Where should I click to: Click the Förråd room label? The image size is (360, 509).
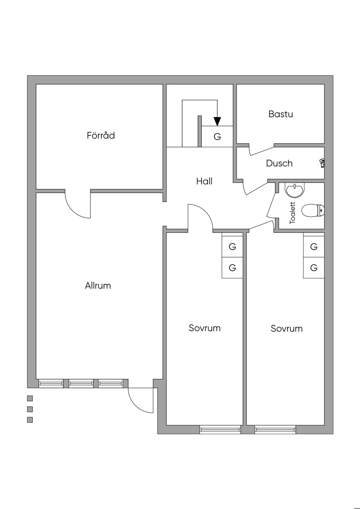coord(101,136)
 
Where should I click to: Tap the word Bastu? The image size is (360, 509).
coord(281,114)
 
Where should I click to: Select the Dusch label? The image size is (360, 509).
coord(279,163)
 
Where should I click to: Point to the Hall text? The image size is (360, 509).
coord(204,181)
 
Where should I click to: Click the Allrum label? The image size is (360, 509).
coord(98,286)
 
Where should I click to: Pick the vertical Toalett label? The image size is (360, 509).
coord(292,213)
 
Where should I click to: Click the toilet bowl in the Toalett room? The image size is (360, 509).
coord(311,211)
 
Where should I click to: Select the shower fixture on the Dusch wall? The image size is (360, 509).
coord(322,163)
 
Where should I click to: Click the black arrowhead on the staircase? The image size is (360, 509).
coord(217,121)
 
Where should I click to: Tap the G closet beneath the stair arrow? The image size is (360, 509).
coord(217,136)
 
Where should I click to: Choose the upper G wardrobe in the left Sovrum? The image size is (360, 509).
coord(232,247)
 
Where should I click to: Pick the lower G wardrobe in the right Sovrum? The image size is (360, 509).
coord(314,268)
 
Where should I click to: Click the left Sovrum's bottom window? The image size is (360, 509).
coord(220,429)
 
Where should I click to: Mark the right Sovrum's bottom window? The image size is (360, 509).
coord(275,429)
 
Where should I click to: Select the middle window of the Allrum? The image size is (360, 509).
coord(81,383)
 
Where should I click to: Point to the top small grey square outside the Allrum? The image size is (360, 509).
coord(30,398)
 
